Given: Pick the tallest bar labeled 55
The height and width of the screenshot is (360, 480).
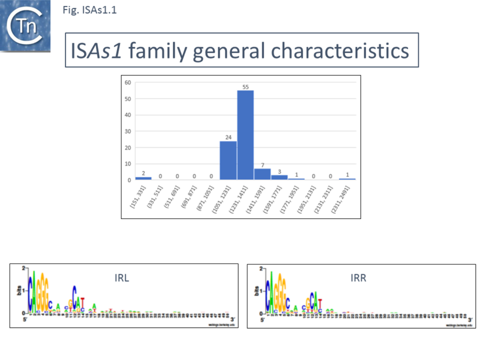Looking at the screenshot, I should [245, 135].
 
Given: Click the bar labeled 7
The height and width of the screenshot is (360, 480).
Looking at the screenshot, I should [262, 174].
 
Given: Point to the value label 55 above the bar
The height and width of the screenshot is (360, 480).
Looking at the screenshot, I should [245, 86].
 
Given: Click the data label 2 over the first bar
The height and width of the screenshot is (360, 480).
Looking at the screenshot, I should [143, 173].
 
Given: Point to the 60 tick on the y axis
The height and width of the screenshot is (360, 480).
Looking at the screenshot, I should [128, 82].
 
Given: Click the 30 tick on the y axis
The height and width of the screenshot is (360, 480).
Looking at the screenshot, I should [128, 131].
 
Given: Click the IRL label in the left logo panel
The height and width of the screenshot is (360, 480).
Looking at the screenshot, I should [122, 278].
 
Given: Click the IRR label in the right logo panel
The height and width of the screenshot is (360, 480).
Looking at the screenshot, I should [358, 278].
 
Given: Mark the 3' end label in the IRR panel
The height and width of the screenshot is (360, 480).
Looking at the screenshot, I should [470, 319].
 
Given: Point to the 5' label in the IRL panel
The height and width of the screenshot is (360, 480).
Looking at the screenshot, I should [26, 319].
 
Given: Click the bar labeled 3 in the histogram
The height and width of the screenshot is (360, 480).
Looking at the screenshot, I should [280, 177].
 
